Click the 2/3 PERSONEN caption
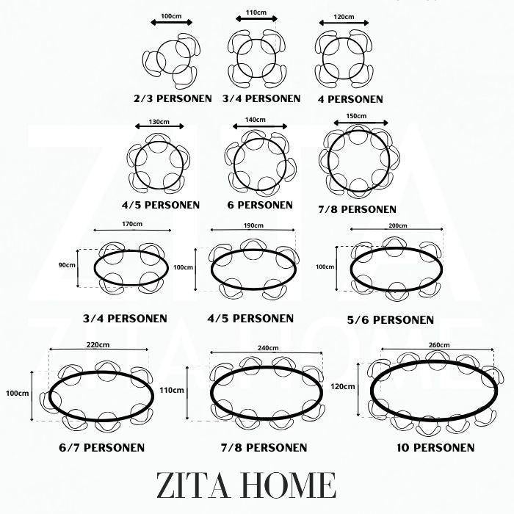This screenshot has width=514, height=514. tap(173, 98)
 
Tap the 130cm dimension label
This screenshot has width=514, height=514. tap(159, 122)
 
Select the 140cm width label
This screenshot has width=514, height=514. tap(256, 120)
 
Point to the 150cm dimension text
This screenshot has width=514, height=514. tap(356, 116)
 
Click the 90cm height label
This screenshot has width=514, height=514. tap(67, 265)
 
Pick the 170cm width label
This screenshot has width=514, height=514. tap(132, 224)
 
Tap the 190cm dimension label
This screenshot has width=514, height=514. tap(253, 225)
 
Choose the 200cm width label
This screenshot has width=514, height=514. tap(398, 225)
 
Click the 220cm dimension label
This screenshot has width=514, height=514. tap(98, 344)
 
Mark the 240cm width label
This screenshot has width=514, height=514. tap(268, 348)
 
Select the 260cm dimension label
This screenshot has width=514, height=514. tap(439, 345)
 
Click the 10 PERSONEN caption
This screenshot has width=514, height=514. tap(435, 447)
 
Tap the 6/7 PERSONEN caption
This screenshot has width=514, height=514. tap(101, 447)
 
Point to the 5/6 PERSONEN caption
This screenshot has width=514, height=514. tap(391, 319)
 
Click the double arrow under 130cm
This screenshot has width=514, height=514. tap(159, 126)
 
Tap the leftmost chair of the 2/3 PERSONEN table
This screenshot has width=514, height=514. tap(151, 62)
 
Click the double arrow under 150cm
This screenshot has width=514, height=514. tap(361, 123)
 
